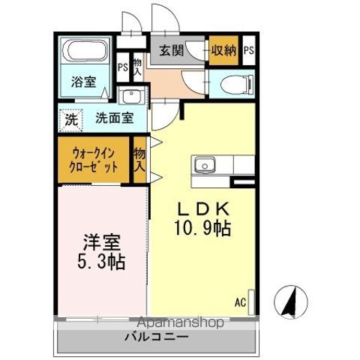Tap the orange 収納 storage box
(x=223, y=51)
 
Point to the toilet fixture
(x=234, y=85)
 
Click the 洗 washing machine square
(x=70, y=118)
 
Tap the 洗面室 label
(x=114, y=118)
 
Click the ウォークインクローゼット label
(x=94, y=159)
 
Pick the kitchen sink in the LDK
(x=205, y=165)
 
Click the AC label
(x=240, y=302)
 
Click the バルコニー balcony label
(x=156, y=337)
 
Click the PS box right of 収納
(x=247, y=51)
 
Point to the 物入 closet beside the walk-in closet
(x=139, y=160)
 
